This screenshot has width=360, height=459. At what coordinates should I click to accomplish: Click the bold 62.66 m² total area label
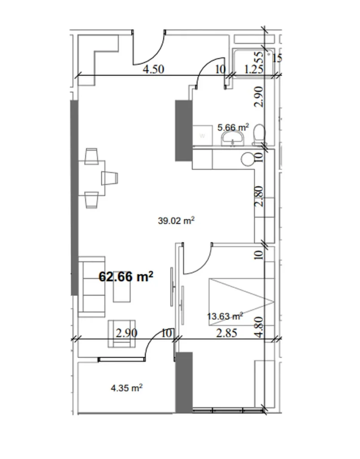pyautogui.click(x=126, y=277)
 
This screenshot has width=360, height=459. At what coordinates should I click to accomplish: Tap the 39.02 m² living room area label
pyautogui.click(x=178, y=220)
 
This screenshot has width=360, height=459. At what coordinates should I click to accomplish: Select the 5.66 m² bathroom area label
pyautogui.click(x=233, y=128)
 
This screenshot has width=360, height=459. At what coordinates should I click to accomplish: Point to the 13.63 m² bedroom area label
pyautogui.click(x=225, y=316)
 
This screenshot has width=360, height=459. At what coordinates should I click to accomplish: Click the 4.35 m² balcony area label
pyautogui.click(x=127, y=388)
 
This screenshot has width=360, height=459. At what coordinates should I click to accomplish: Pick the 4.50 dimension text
pyautogui.click(x=154, y=69)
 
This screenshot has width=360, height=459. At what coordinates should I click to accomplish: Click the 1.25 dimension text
pyautogui.click(x=253, y=69)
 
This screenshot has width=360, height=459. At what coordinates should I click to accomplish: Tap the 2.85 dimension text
pyautogui.click(x=226, y=333)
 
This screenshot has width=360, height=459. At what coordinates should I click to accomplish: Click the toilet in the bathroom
pyautogui.click(x=258, y=134)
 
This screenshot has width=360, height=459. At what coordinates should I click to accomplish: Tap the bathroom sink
pyautogui.click(x=232, y=141)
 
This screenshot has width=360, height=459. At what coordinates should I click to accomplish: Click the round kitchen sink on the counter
pyautogui.click(x=247, y=159)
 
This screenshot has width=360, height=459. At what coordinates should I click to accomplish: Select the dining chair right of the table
pyautogui.click(x=110, y=178)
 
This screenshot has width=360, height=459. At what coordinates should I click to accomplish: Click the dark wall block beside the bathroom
pyautogui.click(x=183, y=130)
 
